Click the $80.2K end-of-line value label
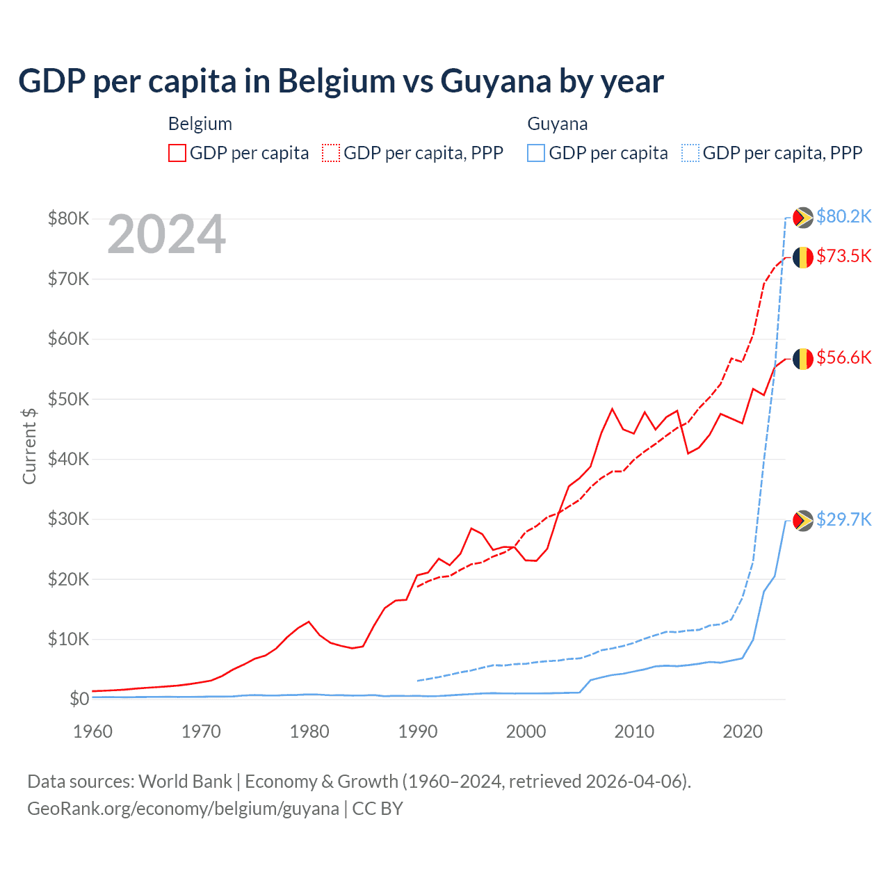point(843,217)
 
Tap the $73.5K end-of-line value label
point(843,257)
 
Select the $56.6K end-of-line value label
point(843,358)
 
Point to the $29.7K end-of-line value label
point(843,520)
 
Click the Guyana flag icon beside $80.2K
point(803,218)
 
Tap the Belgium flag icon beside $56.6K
point(803,359)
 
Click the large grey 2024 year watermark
point(167,234)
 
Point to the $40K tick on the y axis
point(68,459)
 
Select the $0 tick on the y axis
point(79,699)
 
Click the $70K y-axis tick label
point(68,279)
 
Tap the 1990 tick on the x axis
point(418,731)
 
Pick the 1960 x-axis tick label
point(93,731)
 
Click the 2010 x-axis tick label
point(634,731)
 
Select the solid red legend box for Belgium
point(177,153)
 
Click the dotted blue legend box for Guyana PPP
point(690,153)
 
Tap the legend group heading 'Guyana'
point(558,124)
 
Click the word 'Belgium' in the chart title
point(337,81)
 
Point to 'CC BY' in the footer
point(378,809)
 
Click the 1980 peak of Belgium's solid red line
point(309,622)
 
